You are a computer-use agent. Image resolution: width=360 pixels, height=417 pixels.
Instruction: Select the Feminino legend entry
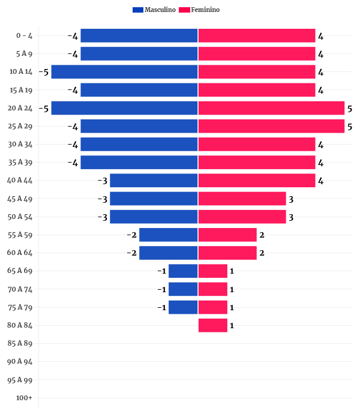pos(200,10)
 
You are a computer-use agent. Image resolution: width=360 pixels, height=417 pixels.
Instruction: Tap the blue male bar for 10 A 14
pos(124,72)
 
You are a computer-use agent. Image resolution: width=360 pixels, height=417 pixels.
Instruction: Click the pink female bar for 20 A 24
pos(271,108)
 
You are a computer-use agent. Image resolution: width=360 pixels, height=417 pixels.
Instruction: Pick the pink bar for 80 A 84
pos(213,325)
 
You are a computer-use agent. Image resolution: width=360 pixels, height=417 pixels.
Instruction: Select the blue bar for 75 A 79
pos(183,307)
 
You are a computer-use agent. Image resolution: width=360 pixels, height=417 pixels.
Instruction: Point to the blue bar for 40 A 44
pos(154,181)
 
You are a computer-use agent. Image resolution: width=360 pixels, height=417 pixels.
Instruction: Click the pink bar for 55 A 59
pos(227,235)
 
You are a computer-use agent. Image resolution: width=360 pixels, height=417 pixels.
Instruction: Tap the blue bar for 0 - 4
pos(139,36)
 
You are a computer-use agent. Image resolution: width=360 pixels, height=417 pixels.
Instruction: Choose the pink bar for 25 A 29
pos(271,126)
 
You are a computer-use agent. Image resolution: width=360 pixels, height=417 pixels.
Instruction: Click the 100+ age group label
pos(25,398)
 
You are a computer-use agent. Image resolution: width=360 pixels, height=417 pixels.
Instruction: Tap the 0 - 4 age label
pos(25,36)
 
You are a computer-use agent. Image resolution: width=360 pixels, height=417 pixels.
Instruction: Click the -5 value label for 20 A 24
pos(43,109)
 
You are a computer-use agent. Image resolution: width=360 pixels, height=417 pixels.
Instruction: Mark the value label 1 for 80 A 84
pos(232,326)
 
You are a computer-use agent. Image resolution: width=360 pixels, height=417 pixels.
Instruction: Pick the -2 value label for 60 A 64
pos(131,253)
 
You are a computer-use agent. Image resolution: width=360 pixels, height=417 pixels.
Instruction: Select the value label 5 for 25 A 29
pos(349,127)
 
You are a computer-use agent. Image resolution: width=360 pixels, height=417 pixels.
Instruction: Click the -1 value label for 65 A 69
pos(161,271)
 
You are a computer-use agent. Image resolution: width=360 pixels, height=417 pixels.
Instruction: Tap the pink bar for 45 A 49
pos(242,199)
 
